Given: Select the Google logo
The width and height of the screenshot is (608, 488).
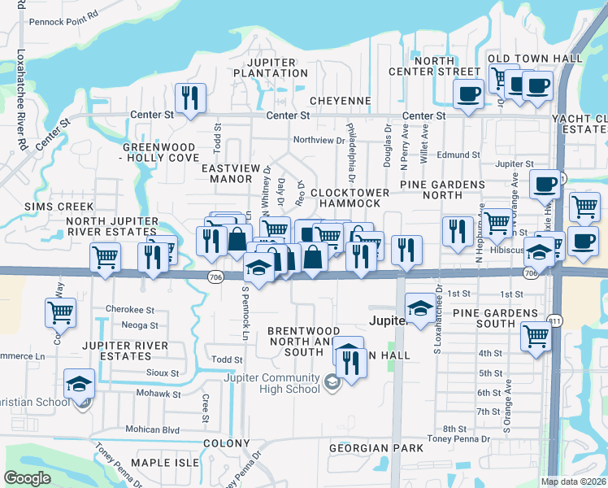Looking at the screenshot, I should (x=28, y=478).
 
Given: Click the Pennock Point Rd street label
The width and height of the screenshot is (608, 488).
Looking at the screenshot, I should (x=63, y=15).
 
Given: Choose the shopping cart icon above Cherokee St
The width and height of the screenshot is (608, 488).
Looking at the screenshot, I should (x=60, y=312).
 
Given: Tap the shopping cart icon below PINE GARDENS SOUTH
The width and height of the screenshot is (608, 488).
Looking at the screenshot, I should (x=536, y=335).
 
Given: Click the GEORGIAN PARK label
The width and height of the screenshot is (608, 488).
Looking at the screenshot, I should (x=376, y=448).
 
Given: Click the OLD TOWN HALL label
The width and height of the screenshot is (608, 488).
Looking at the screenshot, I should (x=535, y=59).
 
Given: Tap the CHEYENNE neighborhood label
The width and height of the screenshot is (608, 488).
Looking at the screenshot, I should (x=340, y=101).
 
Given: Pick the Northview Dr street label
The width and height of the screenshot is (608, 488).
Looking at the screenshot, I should (x=319, y=140).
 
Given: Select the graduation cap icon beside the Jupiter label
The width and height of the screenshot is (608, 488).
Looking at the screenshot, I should (x=419, y=309).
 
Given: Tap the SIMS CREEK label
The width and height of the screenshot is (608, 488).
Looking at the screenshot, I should (x=59, y=207).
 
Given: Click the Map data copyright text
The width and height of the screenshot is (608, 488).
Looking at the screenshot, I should (x=574, y=481).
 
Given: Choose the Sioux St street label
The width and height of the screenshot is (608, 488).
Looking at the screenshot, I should (x=163, y=373).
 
